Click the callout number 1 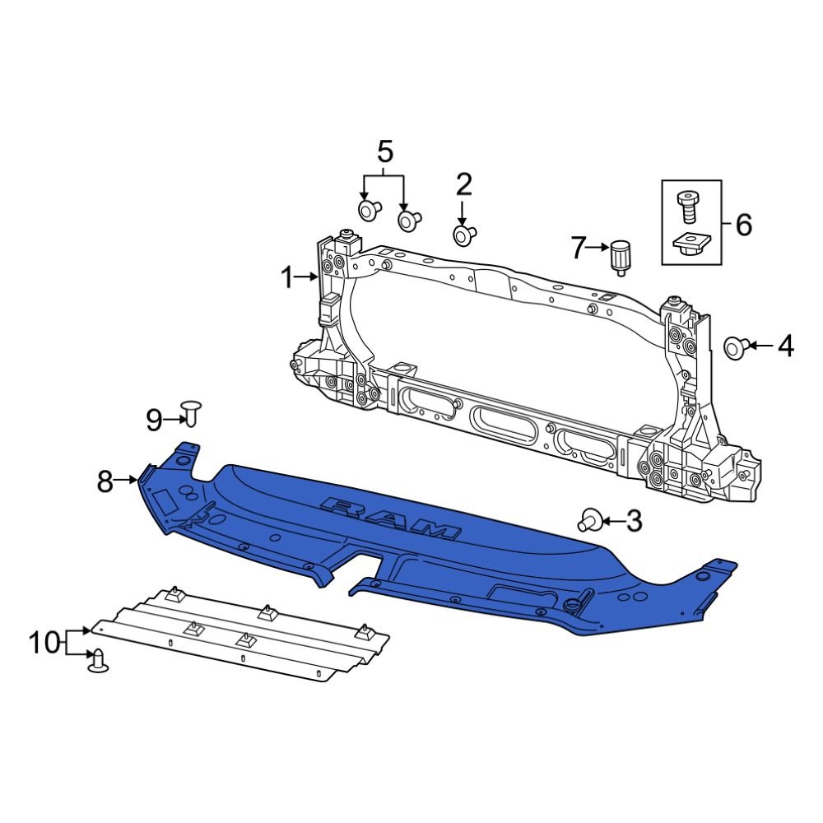[x=286, y=279]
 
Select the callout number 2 [x=464, y=183]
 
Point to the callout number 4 [x=785, y=346]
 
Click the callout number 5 [x=384, y=151]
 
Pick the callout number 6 [x=742, y=223]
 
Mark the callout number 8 [x=105, y=481]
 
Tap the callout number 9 [x=155, y=421]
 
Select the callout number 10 [x=44, y=642]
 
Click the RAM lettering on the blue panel [x=390, y=518]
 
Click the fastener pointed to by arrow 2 [x=463, y=236]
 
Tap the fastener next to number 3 [x=589, y=520]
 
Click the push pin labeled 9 [x=192, y=412]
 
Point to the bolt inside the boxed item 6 [x=686, y=205]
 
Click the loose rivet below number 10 [x=99, y=660]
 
